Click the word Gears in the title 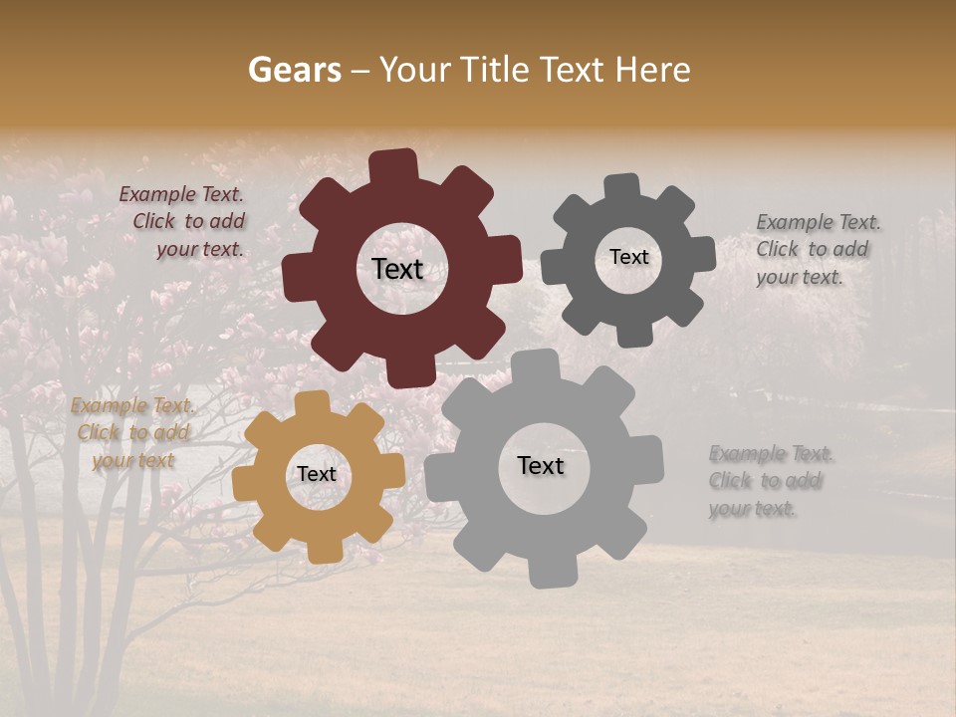(x=294, y=70)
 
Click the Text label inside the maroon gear (x=397, y=269)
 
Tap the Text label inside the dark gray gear (x=629, y=257)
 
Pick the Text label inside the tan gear (x=317, y=474)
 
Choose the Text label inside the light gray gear (x=541, y=465)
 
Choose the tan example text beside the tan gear (x=132, y=432)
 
